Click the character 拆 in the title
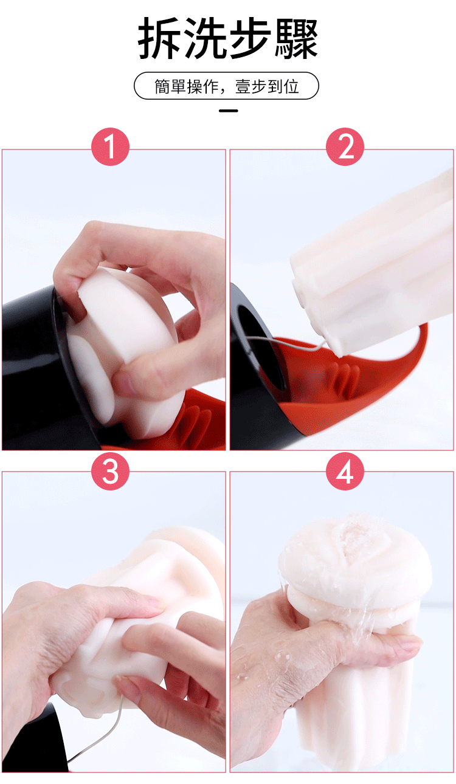(x=159, y=38)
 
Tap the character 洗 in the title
(x=206, y=38)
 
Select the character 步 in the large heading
(x=250, y=38)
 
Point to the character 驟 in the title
(x=296, y=38)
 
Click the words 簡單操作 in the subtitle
(x=186, y=86)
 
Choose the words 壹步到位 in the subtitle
(x=267, y=86)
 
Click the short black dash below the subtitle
(x=229, y=111)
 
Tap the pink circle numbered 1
(x=110, y=146)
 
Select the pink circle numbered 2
(x=345, y=146)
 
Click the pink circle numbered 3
(x=110, y=471)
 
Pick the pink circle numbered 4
(x=345, y=471)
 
